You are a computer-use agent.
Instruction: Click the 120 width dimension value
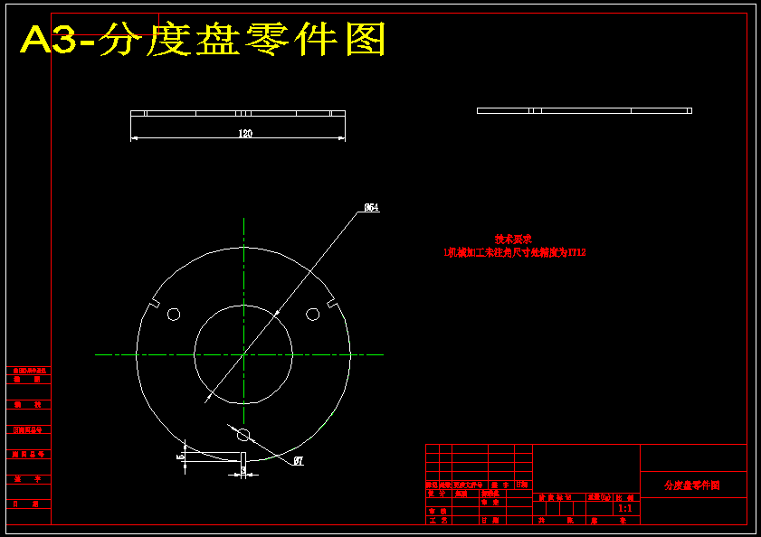pyautogui.click(x=244, y=134)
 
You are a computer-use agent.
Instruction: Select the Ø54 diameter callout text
pyautogui.click(x=371, y=207)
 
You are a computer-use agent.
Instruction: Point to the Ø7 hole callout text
pyautogui.click(x=299, y=461)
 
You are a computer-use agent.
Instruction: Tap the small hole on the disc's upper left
pyautogui.click(x=174, y=314)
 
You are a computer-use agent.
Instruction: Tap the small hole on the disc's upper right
pyautogui.click(x=312, y=314)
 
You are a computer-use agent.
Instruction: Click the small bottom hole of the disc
pyautogui.click(x=243, y=436)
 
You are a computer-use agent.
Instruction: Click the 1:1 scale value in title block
pyautogui.click(x=624, y=509)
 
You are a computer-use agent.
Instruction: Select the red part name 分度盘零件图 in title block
pyautogui.click(x=692, y=485)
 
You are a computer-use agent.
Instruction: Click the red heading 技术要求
pyautogui.click(x=513, y=240)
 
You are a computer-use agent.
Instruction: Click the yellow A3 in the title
pyautogui.click(x=50, y=41)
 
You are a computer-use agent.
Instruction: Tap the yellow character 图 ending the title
pyautogui.click(x=366, y=41)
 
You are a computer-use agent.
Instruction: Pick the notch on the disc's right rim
pyautogui.click(x=332, y=304)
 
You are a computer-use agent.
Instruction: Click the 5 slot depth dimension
pyautogui.click(x=180, y=457)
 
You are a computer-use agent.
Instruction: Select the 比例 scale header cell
pyautogui.click(x=624, y=497)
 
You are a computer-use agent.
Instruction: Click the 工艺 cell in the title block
pyautogui.click(x=438, y=521)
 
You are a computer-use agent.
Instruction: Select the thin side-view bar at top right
pyautogui.click(x=584, y=110)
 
